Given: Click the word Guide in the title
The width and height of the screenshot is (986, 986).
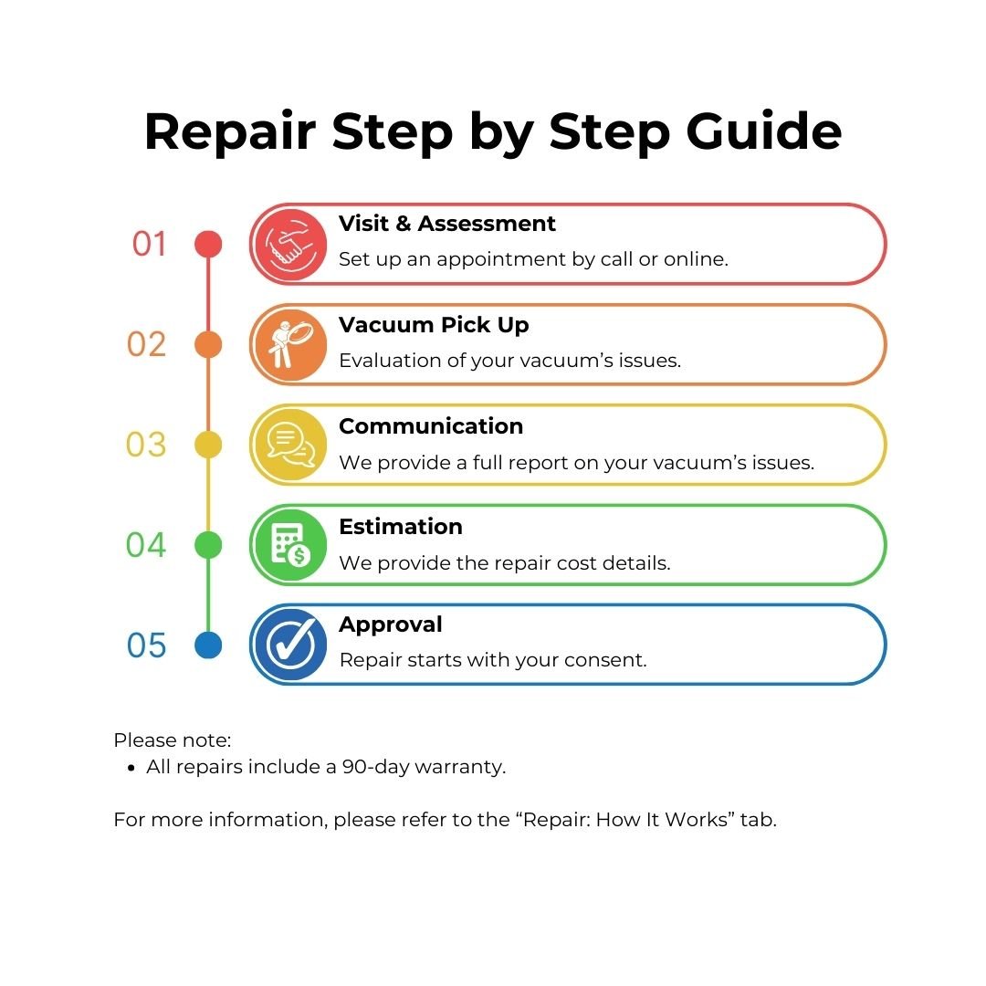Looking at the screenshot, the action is (763, 131).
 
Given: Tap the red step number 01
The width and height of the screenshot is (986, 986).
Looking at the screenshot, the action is (149, 244).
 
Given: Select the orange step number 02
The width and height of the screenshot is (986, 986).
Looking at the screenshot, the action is (146, 344).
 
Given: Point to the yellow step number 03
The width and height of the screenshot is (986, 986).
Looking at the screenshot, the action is (146, 445).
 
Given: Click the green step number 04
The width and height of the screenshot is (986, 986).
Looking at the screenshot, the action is (146, 544).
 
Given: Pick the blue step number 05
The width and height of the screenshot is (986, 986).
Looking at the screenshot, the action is (146, 645).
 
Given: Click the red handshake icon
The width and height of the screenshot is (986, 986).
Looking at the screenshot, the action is (289, 245).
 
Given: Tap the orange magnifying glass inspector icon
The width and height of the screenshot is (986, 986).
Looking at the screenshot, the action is (289, 345).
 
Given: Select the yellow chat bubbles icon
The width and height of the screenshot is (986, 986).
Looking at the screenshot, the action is (289, 446).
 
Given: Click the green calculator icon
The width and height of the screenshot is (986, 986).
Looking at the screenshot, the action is (289, 545).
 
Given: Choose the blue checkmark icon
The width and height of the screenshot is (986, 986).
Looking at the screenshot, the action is (289, 645).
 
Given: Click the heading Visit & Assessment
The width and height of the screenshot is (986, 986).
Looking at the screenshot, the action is (447, 224).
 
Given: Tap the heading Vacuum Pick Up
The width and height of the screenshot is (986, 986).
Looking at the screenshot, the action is (434, 325).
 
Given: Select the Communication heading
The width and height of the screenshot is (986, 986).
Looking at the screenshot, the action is (431, 426).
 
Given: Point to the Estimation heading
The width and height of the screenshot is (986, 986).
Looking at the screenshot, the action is (401, 527).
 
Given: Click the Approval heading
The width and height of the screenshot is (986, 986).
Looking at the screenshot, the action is (391, 625).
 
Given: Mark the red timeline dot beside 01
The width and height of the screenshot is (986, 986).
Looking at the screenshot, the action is (208, 244).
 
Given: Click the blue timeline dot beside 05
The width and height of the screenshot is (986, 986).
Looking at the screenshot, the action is (208, 645).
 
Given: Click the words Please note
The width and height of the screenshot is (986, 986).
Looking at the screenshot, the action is (173, 740).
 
